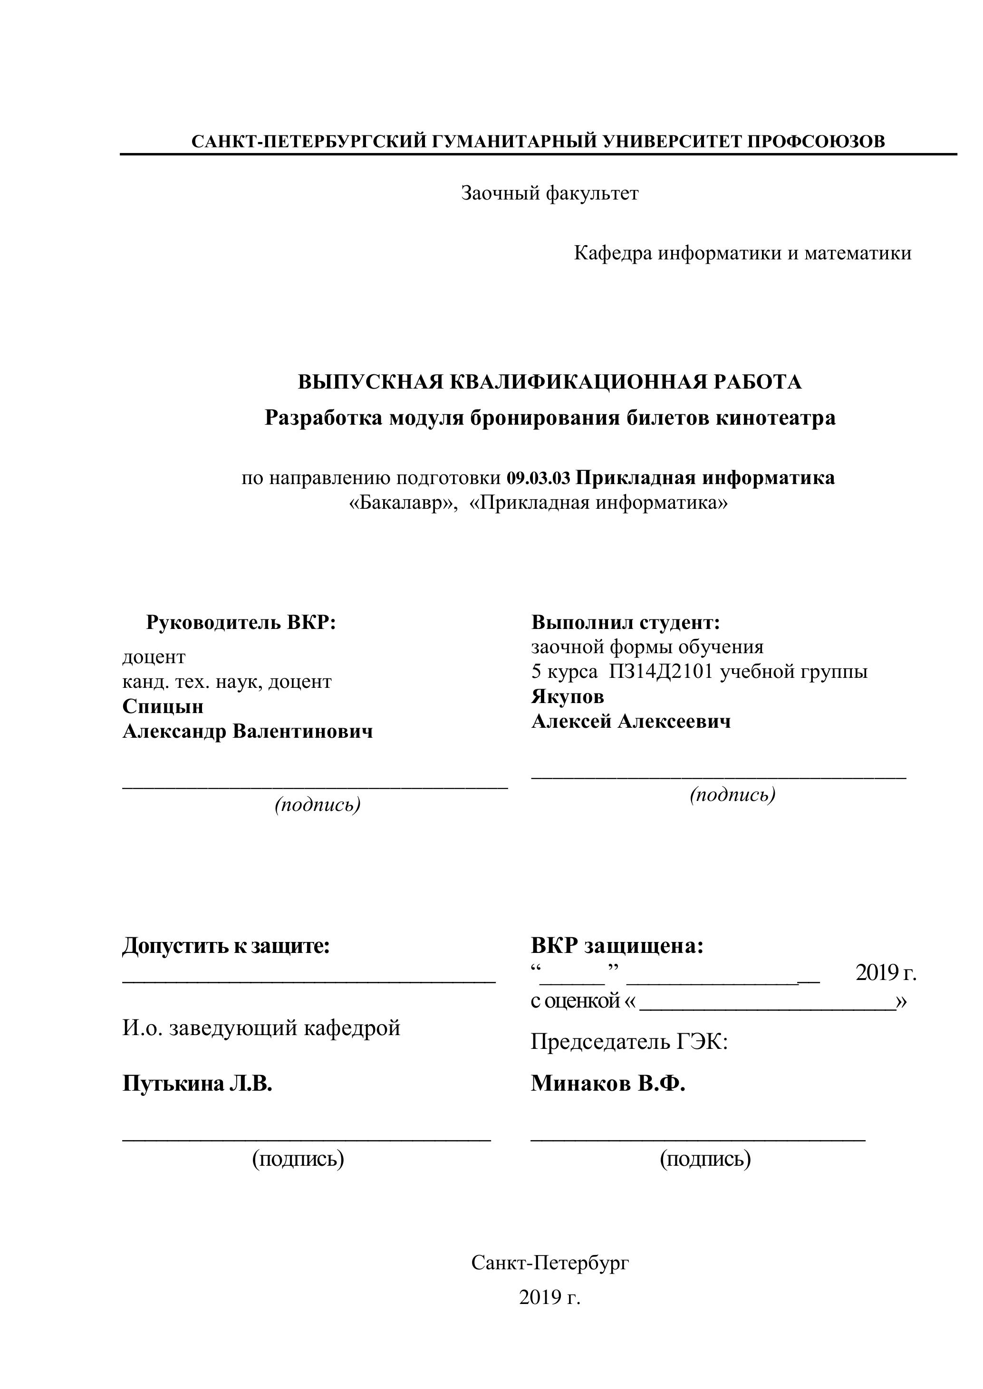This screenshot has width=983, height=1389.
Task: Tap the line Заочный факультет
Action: (549, 194)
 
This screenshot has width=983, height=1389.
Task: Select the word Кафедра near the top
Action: (613, 254)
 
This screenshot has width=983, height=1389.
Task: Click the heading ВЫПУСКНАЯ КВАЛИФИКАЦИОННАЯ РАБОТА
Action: (549, 382)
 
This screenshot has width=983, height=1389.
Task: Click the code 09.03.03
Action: (538, 478)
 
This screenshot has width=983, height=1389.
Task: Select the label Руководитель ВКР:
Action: (241, 622)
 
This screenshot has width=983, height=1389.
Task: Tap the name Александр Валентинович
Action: (248, 732)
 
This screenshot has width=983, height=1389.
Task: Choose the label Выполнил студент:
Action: (625, 622)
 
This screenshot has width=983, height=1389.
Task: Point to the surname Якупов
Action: (567, 697)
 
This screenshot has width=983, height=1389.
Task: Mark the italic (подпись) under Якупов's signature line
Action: (732, 795)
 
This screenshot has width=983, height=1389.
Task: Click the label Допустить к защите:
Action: (226, 946)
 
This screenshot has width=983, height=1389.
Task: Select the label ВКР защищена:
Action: (617, 946)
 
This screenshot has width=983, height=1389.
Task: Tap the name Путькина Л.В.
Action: (197, 1084)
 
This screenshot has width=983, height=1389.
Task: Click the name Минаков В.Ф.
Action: (607, 1084)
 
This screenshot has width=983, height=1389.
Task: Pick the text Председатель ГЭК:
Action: (629, 1042)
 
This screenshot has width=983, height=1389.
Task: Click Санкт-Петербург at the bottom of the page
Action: (549, 1263)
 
